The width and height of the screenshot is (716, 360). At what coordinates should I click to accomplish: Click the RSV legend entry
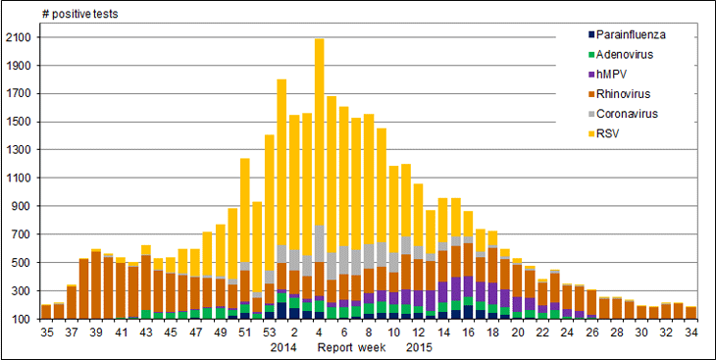pos(609,133)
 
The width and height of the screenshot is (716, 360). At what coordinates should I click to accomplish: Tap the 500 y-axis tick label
pos(23,263)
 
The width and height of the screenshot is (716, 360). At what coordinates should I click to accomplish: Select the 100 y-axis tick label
pos(23,320)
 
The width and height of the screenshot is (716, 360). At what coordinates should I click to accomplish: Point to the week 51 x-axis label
pos(244,333)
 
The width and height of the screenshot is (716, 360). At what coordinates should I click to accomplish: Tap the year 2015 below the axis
pos(420,347)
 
